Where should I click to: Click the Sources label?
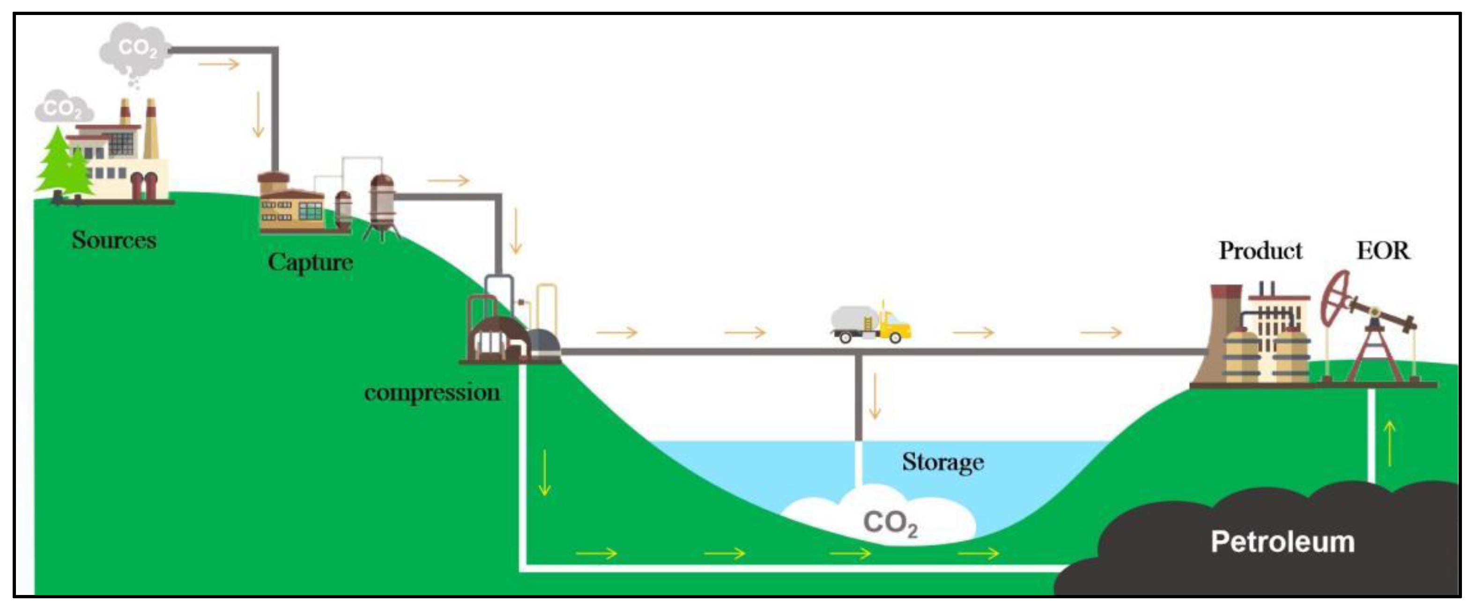click(113, 240)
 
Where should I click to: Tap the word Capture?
click(310, 263)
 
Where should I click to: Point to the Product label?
click(1260, 250)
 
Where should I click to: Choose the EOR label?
click(1383, 250)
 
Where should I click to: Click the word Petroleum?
click(1283, 542)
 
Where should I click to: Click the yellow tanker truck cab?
click(895, 327)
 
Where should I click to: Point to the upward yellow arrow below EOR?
click(1389, 443)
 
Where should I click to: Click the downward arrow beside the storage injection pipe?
click(875, 396)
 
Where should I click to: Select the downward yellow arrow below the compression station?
click(544, 473)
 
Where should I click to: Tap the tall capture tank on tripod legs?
click(381, 206)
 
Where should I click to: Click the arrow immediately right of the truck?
click(973, 332)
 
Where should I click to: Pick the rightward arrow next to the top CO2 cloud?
click(218, 63)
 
